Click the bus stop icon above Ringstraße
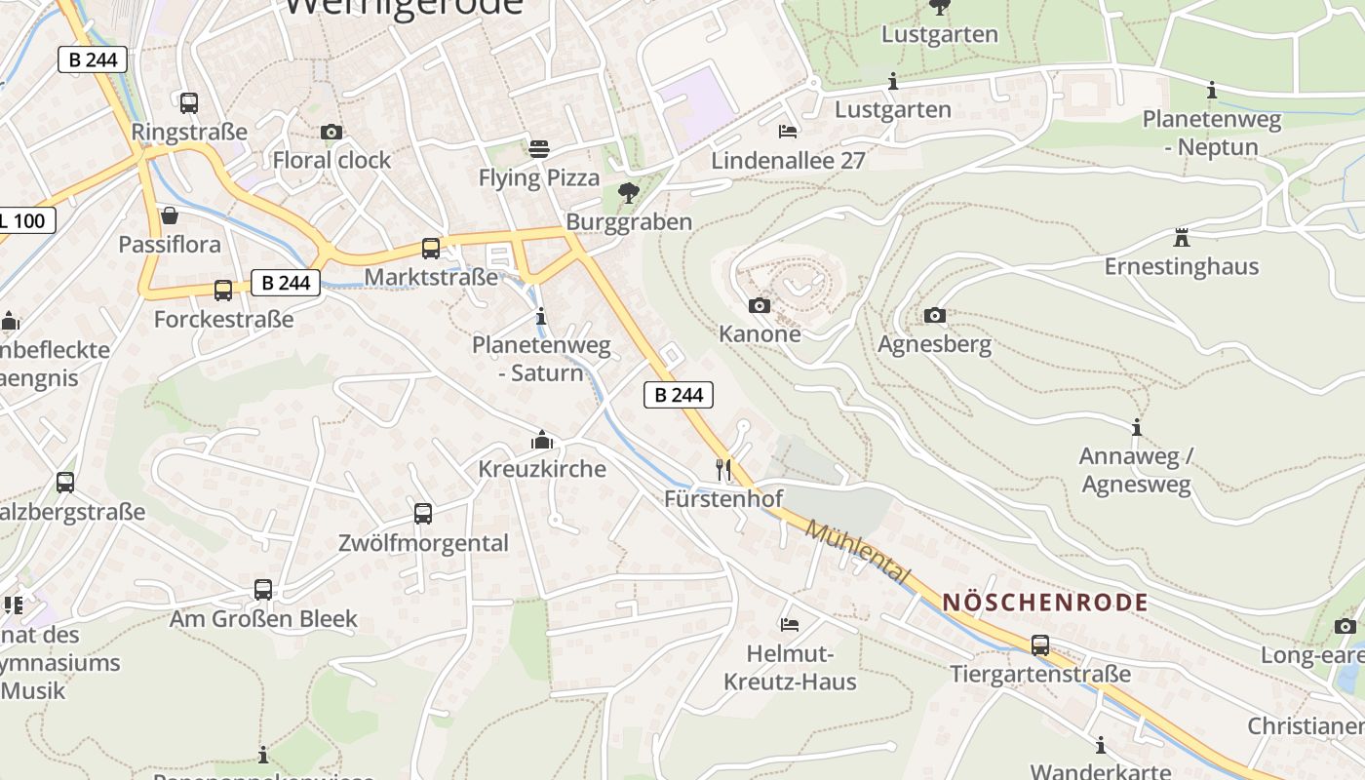point(189,102)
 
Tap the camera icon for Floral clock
point(331,132)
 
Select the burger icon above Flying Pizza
point(539,148)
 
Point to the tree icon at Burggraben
point(629,192)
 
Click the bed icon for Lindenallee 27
point(788,131)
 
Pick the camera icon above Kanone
point(760,306)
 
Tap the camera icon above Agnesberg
point(934,315)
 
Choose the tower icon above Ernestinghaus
point(1182,237)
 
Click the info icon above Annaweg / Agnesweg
point(1136,427)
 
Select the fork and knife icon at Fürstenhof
point(723,470)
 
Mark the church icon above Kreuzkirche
point(542,440)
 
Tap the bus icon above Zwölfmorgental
point(423,513)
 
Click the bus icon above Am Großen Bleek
point(263,589)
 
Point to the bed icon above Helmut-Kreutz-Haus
point(790,624)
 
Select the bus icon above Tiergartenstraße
point(1040,644)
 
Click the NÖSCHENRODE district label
point(1045,603)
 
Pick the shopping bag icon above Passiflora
point(170,214)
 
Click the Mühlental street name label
point(858,553)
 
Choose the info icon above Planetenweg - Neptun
point(1212,91)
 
